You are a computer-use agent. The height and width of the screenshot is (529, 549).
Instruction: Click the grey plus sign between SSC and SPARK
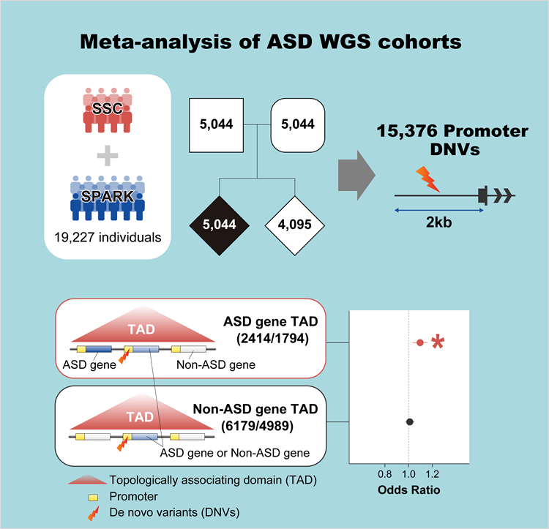[x=108, y=154]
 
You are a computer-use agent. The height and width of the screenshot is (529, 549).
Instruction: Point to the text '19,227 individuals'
[x=108, y=236]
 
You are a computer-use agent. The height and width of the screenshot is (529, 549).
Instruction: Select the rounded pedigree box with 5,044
[x=298, y=124]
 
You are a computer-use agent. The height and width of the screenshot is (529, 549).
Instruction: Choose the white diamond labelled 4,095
[x=298, y=225]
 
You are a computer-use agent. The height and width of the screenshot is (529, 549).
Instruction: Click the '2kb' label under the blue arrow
[x=438, y=222]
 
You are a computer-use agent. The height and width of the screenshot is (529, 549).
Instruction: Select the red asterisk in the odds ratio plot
[x=438, y=342]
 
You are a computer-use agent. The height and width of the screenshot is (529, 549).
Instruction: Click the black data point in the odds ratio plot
[x=410, y=421]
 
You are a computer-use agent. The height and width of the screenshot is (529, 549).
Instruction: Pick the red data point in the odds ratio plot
[x=419, y=342]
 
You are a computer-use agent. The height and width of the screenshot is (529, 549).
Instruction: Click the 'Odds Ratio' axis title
[x=409, y=489]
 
